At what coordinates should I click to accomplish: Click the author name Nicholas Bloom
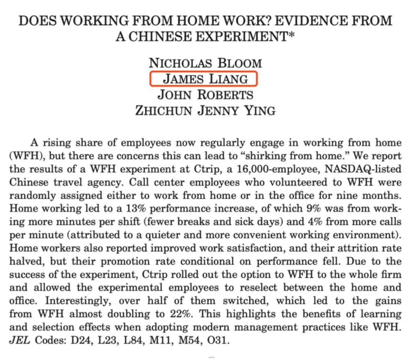[205, 63]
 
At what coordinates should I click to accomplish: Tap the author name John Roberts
[205, 95]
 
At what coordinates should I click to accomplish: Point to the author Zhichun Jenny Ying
[205, 111]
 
